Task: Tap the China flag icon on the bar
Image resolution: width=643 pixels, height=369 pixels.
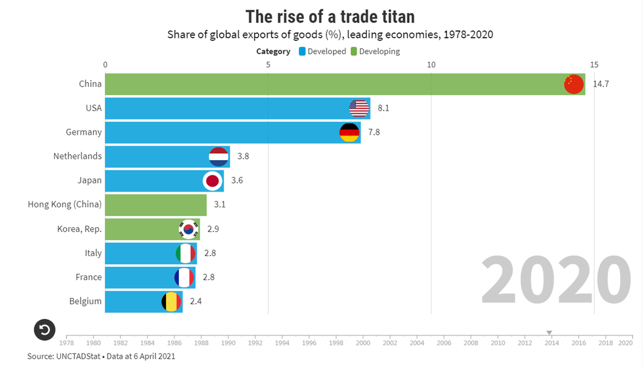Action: click(574, 84)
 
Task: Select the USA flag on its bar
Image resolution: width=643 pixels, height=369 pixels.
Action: click(359, 109)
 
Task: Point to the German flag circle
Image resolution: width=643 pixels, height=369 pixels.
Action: click(350, 132)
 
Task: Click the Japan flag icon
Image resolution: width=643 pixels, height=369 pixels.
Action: click(212, 181)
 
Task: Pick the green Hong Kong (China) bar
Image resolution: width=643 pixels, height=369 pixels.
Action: click(156, 205)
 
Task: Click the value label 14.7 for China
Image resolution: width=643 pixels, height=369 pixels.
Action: click(601, 84)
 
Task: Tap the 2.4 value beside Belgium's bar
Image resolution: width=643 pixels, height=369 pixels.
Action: click(196, 302)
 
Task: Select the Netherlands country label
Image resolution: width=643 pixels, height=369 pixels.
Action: click(77, 156)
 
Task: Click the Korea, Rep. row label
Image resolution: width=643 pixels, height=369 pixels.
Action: click(79, 229)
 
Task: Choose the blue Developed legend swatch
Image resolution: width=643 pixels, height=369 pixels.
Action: click(302, 51)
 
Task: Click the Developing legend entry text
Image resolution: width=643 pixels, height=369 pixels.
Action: click(379, 51)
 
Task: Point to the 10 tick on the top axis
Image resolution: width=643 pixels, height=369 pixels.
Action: click(431, 65)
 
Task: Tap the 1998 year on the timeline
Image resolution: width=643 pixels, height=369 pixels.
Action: click(336, 343)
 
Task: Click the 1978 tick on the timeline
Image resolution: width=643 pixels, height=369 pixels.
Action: click(66, 343)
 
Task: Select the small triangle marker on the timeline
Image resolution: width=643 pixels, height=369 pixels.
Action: click(549, 333)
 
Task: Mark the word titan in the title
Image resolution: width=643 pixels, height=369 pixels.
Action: click(392, 17)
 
